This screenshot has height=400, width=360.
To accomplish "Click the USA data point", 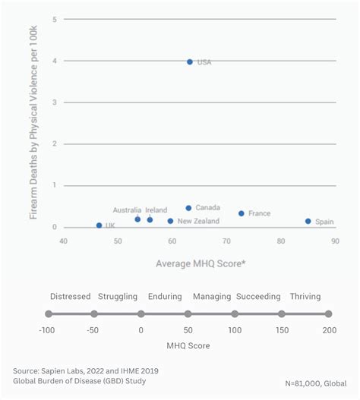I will (190, 61).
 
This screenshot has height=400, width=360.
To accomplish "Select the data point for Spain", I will (308, 222).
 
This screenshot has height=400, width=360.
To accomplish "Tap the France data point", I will (242, 213).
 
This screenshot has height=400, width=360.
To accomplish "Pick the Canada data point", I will (188, 208).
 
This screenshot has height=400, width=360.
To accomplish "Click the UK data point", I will (99, 225).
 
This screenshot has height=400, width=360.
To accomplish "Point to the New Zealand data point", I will (170, 221).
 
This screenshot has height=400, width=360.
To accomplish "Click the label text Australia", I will (127, 210).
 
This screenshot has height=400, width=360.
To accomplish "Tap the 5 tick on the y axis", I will (54, 19).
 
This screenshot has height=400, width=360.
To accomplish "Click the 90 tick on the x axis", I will (335, 241).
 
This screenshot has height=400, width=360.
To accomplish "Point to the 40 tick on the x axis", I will (64, 241).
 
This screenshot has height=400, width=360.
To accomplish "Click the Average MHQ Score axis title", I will (201, 263).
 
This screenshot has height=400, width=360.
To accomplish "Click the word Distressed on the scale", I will (70, 297).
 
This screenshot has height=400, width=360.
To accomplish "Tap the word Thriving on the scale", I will (305, 297).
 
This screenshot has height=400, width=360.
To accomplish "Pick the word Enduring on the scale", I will (165, 297).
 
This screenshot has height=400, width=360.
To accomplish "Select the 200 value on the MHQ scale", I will (328, 330).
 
